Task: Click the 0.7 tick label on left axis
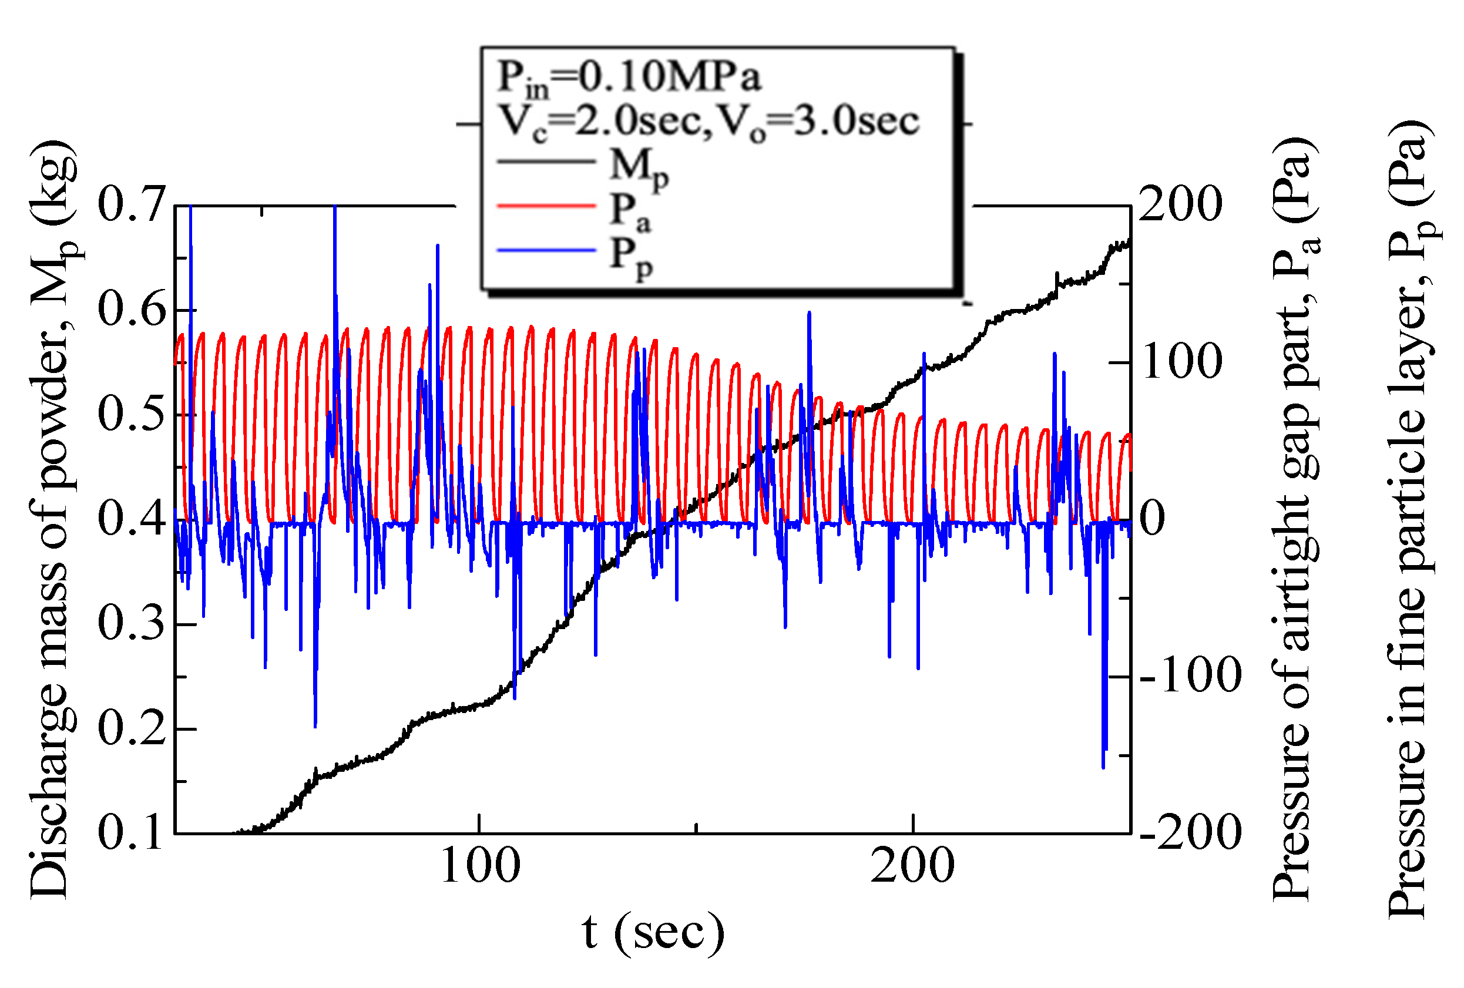tap(131, 204)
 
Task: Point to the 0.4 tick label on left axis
tap(131, 519)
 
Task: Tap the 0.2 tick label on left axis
tap(131, 728)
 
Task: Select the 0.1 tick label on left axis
tap(131, 832)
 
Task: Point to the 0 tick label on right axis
tap(1153, 519)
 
